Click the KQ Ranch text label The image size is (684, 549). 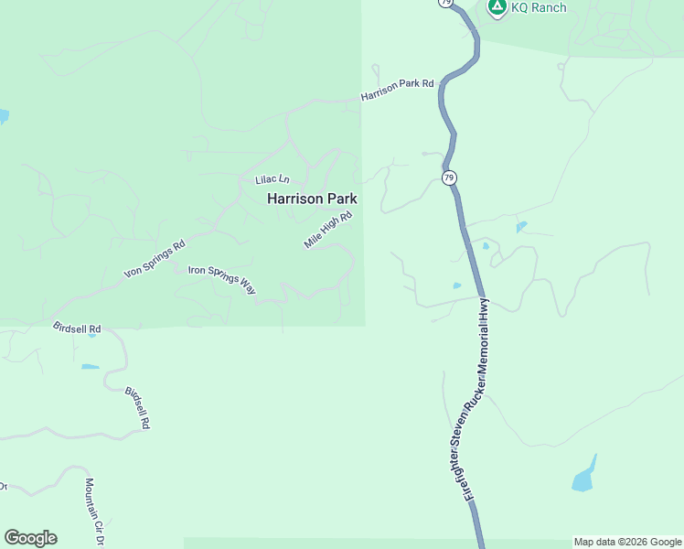tap(539, 8)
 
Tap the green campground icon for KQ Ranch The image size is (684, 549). tap(497, 7)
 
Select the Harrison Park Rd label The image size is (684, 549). tap(397, 90)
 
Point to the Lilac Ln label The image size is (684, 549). tap(272, 179)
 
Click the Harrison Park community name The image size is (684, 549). tap(312, 198)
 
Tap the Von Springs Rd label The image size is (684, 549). tap(155, 260)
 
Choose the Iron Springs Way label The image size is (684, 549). tap(222, 279)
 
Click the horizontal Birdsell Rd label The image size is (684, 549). tap(77, 328)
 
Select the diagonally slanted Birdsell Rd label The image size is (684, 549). tap(136, 408)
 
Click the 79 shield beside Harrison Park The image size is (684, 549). tap(449, 177)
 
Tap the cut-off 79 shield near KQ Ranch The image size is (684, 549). tap(444, 4)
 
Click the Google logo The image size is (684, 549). tap(30, 538)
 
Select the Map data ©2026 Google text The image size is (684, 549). tap(627, 542)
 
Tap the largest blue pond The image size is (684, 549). tap(584, 477)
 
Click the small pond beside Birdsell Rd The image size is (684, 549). tap(90, 367)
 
